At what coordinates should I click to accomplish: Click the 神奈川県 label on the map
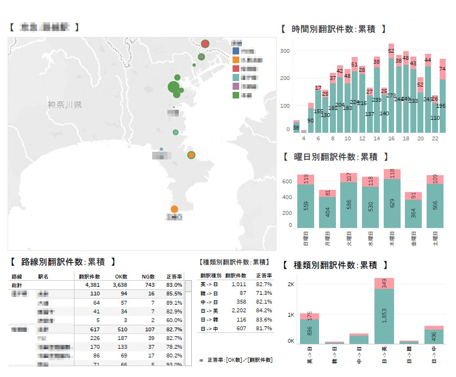pyautogui.click(x=64, y=104)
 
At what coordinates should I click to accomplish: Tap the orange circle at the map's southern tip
pyautogui.click(x=174, y=209)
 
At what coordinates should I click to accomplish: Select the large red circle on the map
pyautogui.click(x=205, y=44)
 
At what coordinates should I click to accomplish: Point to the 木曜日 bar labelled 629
pyautogui.click(x=392, y=204)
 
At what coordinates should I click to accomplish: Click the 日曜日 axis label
pyautogui.click(x=305, y=239)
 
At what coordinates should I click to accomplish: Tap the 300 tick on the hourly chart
pyautogui.click(x=284, y=51)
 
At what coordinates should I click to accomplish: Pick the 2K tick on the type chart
pyautogui.click(x=290, y=285)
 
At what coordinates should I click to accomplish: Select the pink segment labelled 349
pyautogui.click(x=384, y=283)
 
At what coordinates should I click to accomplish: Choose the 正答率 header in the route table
pyautogui.click(x=174, y=276)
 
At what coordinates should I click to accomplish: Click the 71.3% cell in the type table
pyautogui.click(x=264, y=293)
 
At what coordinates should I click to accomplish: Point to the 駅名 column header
pyautogui.click(x=45, y=276)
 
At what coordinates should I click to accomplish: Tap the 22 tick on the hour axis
pyautogui.click(x=435, y=138)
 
